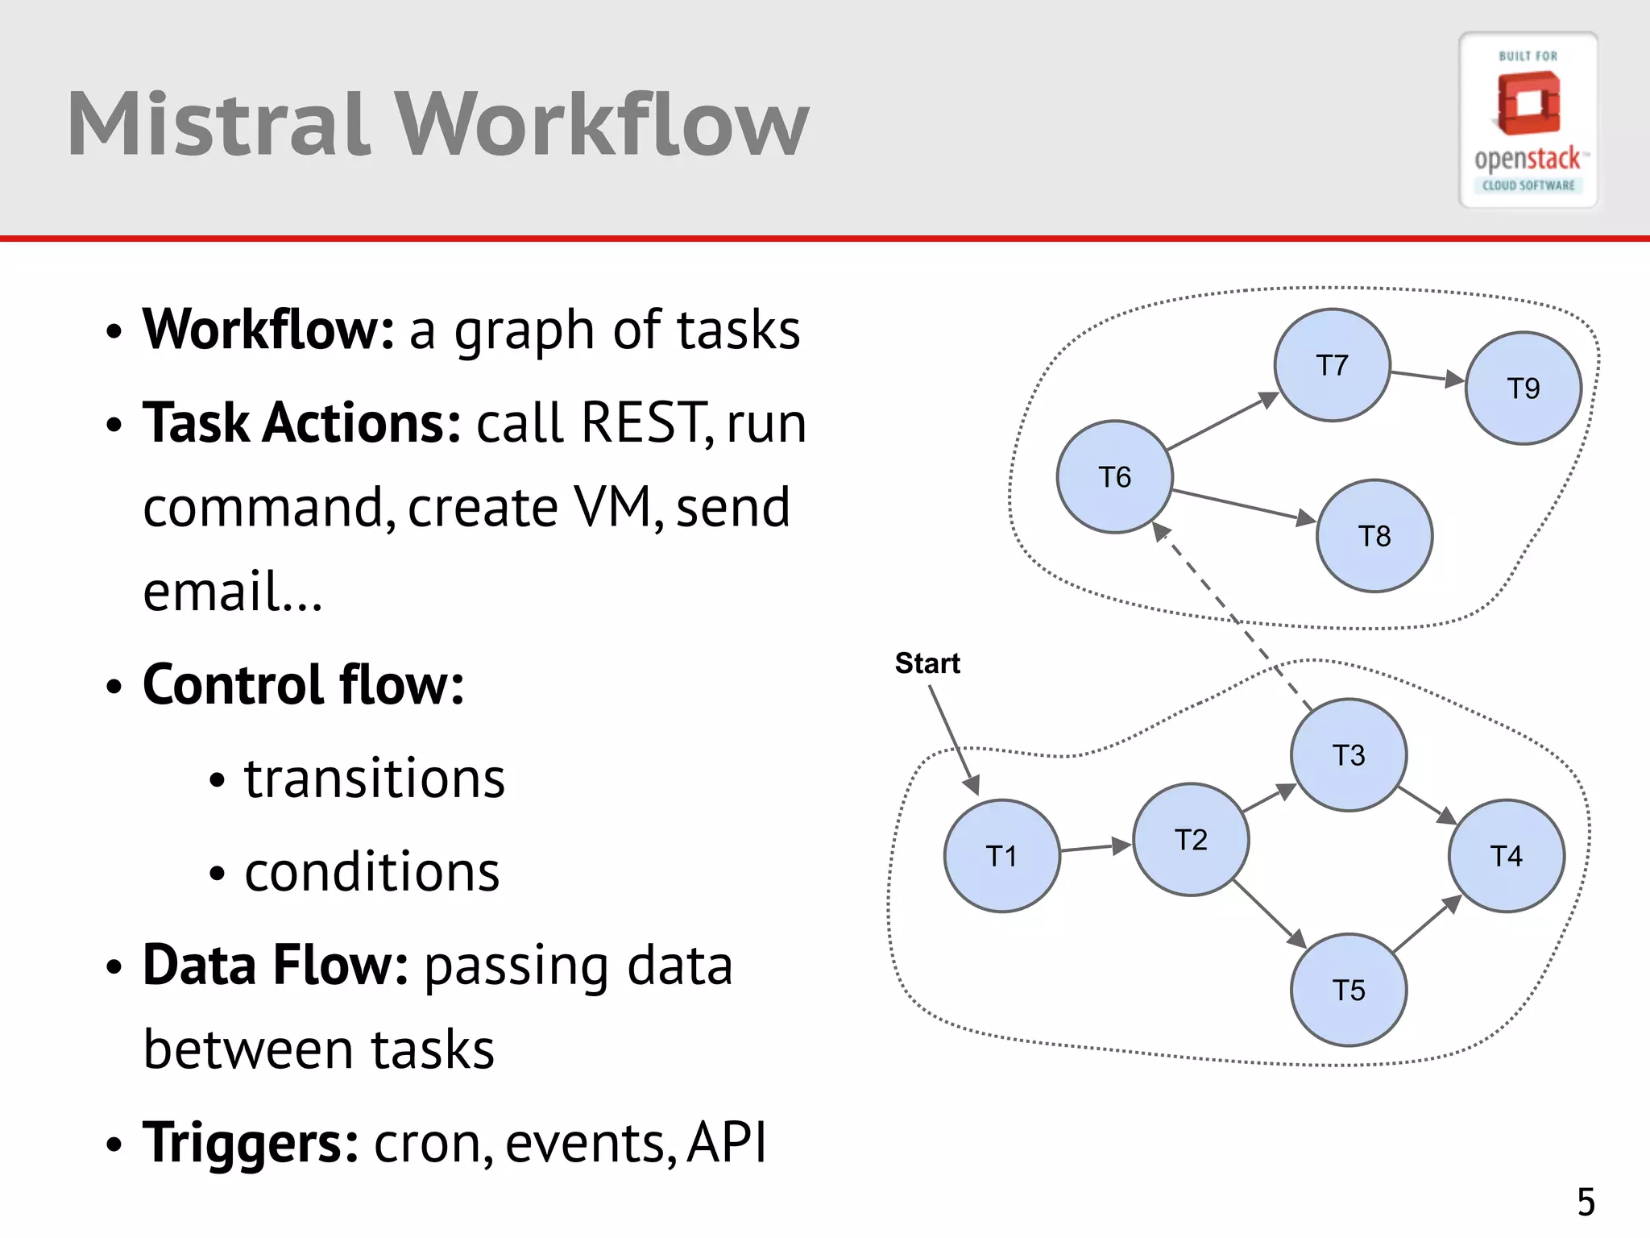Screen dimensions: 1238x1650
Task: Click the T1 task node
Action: [1001, 855]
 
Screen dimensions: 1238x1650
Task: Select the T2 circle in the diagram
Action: [1191, 839]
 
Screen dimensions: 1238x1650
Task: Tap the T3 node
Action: [1349, 754]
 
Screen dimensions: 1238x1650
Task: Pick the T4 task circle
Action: [1506, 855]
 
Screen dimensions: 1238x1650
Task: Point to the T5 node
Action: [1349, 990]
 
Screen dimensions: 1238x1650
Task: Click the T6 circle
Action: [1114, 476]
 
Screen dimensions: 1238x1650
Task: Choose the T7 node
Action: [1332, 364]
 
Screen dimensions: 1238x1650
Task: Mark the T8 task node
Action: [1374, 536]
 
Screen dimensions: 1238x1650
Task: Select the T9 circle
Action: [1523, 388]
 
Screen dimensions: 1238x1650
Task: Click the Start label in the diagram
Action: [927, 663]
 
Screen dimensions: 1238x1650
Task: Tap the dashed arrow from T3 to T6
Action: [1233, 617]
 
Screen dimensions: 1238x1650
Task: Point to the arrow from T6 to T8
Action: [1245, 506]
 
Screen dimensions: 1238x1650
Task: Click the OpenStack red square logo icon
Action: [1528, 103]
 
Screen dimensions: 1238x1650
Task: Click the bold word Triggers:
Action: [251, 1142]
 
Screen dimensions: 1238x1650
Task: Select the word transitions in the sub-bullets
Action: [375, 779]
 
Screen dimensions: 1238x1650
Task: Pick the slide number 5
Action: [1586, 1203]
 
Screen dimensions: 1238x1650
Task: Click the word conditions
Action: [371, 872]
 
